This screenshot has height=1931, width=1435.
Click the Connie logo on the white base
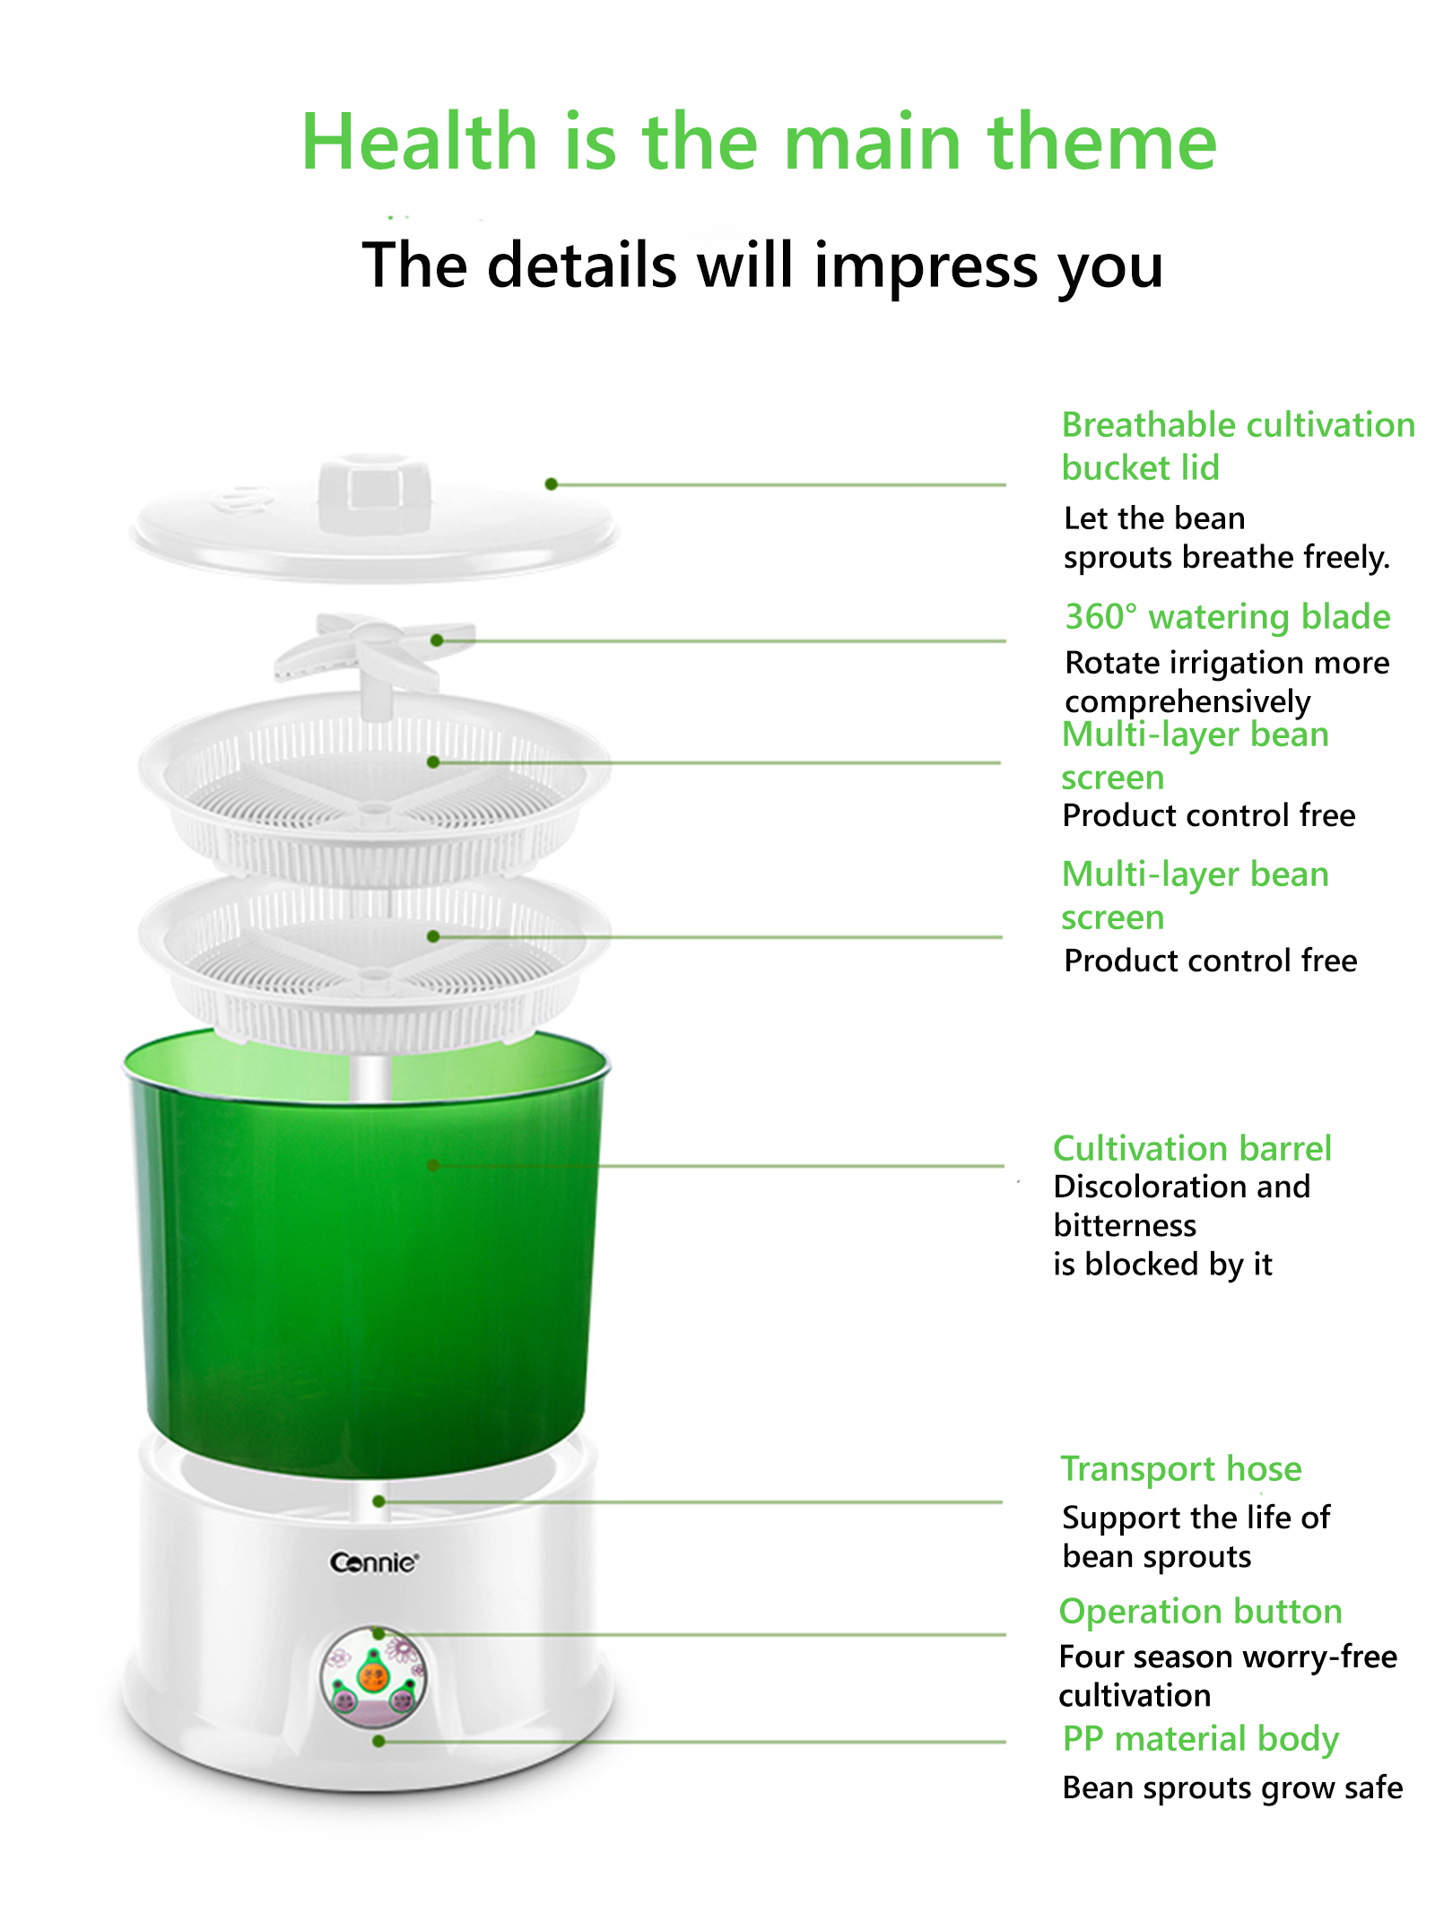[x=373, y=1562]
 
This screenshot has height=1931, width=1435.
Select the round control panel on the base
[x=374, y=1676]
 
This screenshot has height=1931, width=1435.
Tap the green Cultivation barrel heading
[x=1192, y=1148]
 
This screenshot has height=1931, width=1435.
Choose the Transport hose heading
[x=1181, y=1469]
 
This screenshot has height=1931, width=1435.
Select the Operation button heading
[x=1200, y=1612]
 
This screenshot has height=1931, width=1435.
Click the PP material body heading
[x=1200, y=1740]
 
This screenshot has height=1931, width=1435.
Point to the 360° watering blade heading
[x=1228, y=617]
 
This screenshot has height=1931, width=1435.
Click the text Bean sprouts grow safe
[x=1232, y=1788]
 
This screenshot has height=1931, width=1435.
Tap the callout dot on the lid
[x=552, y=484]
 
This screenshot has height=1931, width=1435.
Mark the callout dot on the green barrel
[x=433, y=1165]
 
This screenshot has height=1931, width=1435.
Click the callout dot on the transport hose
[x=379, y=1501]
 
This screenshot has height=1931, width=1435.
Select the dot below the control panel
[x=378, y=1741]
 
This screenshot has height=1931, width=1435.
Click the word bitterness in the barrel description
[x=1125, y=1225]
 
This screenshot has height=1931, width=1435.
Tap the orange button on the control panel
[x=373, y=1674]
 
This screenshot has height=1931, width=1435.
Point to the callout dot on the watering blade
[x=437, y=640]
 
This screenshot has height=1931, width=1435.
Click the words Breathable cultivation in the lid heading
[x=1239, y=425]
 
